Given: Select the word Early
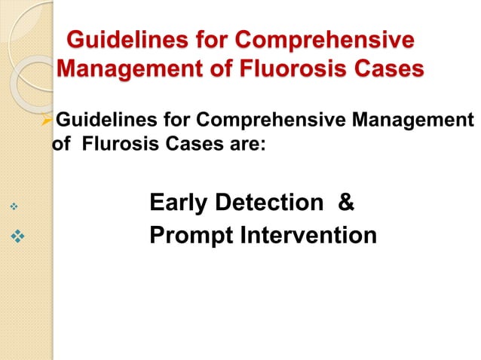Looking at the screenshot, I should coord(180,203).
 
